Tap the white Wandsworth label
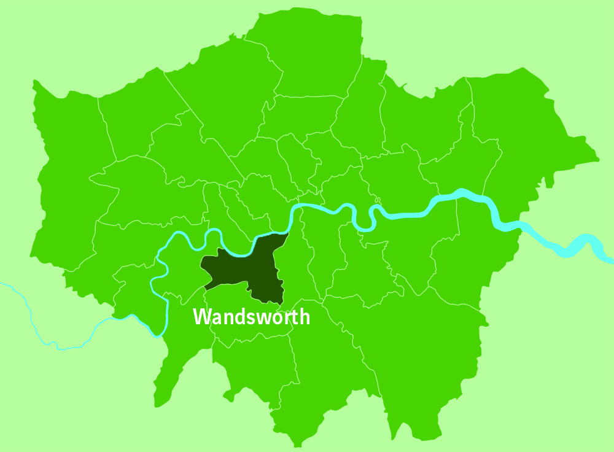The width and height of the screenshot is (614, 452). [x=251, y=317]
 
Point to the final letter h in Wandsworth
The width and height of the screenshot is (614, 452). [x=303, y=317]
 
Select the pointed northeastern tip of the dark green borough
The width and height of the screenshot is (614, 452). [x=287, y=234]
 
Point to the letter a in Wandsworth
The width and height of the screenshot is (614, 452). [x=216, y=318]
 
